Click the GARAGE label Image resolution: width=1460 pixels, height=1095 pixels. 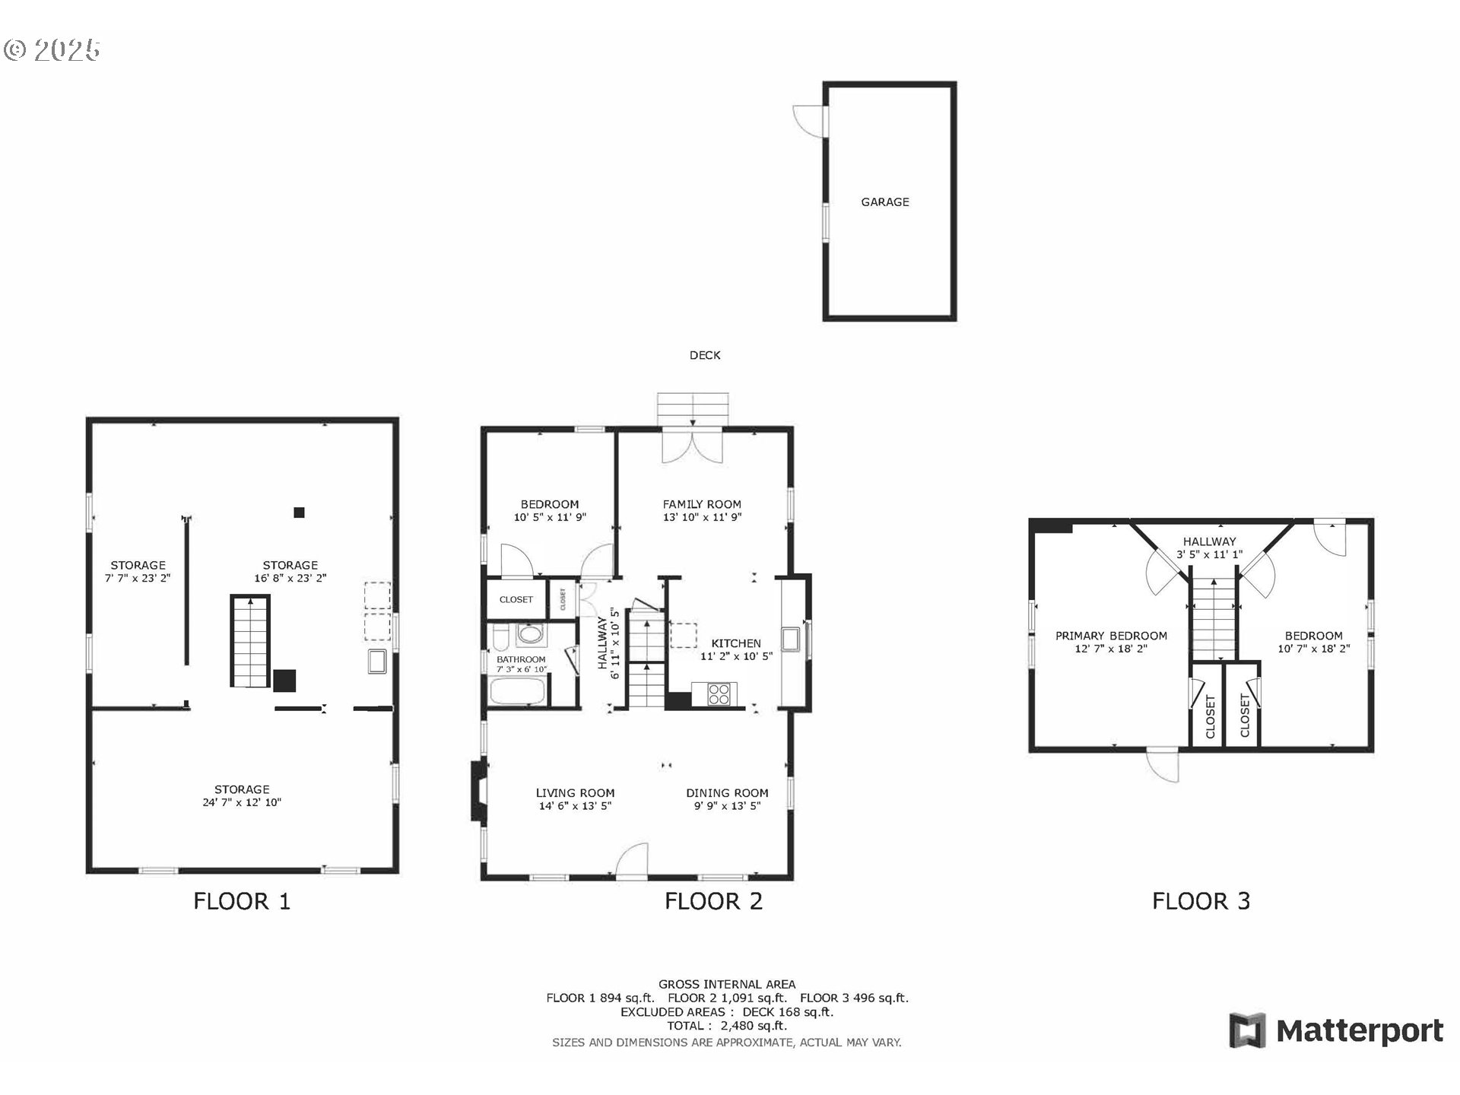(x=884, y=202)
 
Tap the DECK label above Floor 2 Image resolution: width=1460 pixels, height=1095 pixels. (x=705, y=355)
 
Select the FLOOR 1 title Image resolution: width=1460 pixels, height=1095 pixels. (x=242, y=901)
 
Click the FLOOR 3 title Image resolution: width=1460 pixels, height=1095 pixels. (x=1201, y=901)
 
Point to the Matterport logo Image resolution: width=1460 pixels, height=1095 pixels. (x=1336, y=1030)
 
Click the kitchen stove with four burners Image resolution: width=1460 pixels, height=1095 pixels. (x=719, y=694)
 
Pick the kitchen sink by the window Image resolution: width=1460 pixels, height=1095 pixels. (x=791, y=640)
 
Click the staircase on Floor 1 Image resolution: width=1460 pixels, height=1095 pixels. (x=251, y=642)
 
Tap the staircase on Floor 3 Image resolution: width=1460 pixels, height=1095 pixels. (x=1214, y=619)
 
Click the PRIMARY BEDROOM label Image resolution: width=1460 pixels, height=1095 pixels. (x=1111, y=636)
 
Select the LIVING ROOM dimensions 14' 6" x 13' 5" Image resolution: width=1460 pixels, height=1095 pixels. (x=575, y=806)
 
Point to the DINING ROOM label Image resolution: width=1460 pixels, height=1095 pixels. (x=727, y=793)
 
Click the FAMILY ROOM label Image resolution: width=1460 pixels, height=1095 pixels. (x=702, y=504)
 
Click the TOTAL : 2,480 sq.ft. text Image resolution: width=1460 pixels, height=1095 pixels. (x=727, y=1026)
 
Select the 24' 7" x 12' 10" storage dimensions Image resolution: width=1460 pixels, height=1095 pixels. (x=242, y=802)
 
